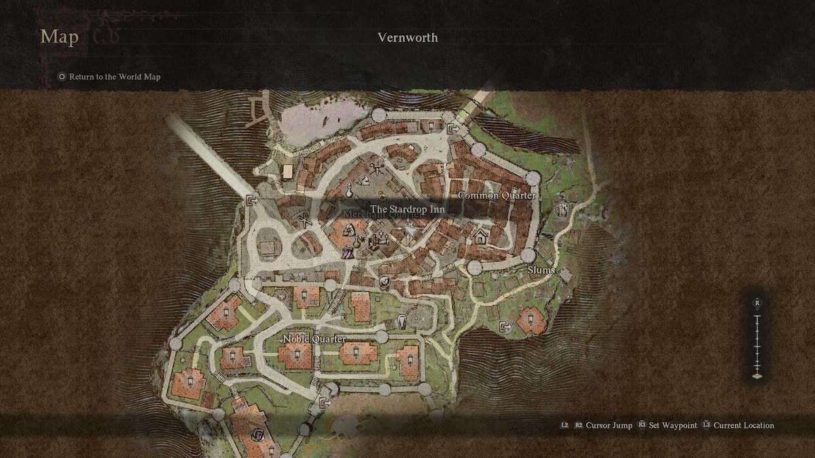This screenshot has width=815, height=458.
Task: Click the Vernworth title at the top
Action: pyautogui.click(x=407, y=37)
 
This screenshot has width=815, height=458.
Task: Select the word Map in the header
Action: pyautogui.click(x=59, y=37)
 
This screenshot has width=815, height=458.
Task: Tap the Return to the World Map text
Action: pyautogui.click(x=115, y=77)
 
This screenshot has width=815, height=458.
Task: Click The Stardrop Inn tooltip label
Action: pyautogui.click(x=407, y=210)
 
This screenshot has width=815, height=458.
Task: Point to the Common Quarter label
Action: pyautogui.click(x=498, y=195)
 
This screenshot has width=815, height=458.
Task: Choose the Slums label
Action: pyautogui.click(x=541, y=270)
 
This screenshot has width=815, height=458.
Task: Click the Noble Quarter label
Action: pyautogui.click(x=314, y=339)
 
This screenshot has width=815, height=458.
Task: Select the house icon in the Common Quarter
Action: pyautogui.click(x=481, y=237)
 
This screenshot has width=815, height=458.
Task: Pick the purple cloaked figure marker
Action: pyautogui.click(x=348, y=252)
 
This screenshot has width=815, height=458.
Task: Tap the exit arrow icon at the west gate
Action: pyautogui.click(x=253, y=200)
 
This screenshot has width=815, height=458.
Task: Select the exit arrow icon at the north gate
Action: pyautogui.click(x=453, y=129)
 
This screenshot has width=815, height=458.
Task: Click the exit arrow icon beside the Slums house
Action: pyautogui.click(x=505, y=327)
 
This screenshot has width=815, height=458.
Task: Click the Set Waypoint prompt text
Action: pyautogui.click(x=673, y=425)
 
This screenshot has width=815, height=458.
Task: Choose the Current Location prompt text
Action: pyautogui.click(x=744, y=425)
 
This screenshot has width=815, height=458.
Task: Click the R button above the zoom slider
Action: pyautogui.click(x=757, y=303)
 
